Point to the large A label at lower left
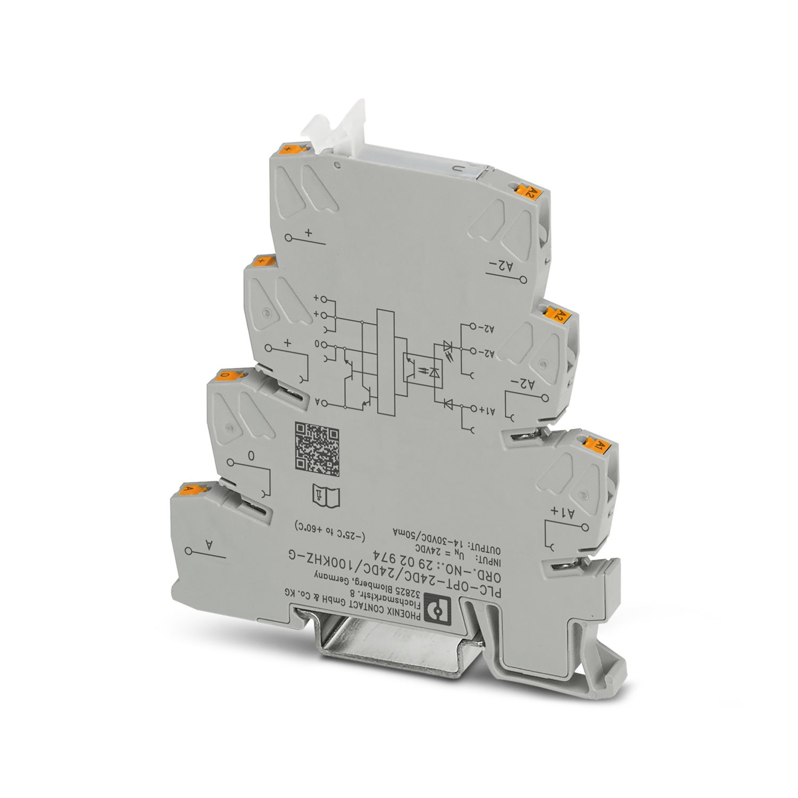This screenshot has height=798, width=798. tap(209, 546)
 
